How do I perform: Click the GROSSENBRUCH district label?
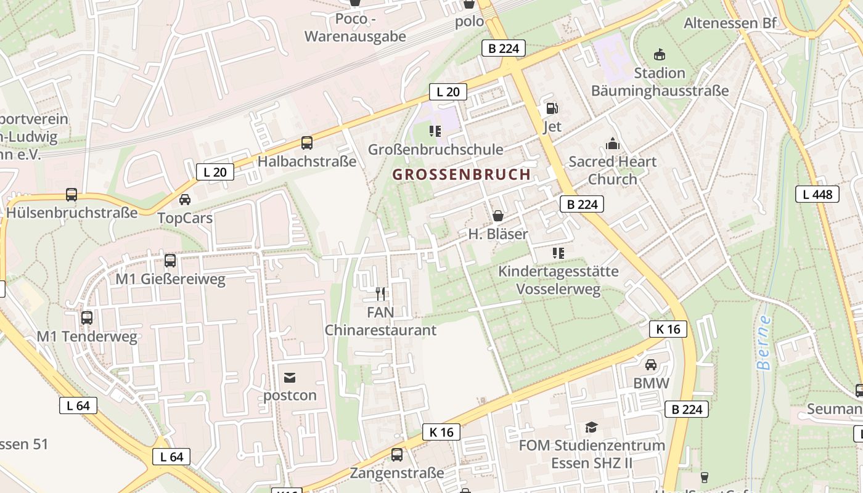click(x=461, y=174)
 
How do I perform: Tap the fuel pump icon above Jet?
click(x=552, y=109)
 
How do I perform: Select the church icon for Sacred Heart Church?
click(x=612, y=144)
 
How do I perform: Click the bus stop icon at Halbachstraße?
click(x=307, y=143)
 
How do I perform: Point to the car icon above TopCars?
click(x=184, y=200)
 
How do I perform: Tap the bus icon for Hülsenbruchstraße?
click(x=72, y=195)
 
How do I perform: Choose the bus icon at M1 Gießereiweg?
click(x=170, y=261)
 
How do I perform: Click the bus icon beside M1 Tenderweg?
click(x=87, y=318)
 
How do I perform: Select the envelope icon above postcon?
click(x=290, y=377)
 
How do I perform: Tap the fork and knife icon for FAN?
click(x=380, y=294)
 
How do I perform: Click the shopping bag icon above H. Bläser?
click(x=497, y=216)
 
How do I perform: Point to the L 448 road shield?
click(x=817, y=195)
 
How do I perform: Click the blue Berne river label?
click(x=764, y=343)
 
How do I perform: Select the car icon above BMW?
click(x=650, y=365)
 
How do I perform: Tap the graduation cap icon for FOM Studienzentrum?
click(x=591, y=427)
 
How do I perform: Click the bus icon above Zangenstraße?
click(x=397, y=455)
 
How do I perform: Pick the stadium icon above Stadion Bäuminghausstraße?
click(x=660, y=54)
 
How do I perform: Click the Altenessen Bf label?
click(x=730, y=23)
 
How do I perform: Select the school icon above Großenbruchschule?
click(x=435, y=131)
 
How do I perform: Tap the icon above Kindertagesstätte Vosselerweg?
click(x=558, y=253)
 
